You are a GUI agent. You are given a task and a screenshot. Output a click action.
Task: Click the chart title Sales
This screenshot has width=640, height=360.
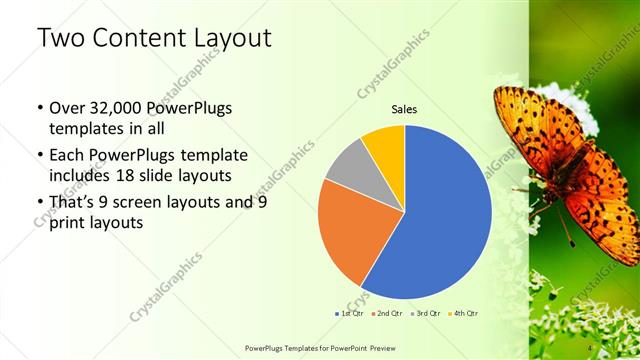point(404,109)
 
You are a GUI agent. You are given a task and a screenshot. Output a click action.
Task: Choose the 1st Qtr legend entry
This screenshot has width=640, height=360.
point(349,313)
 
